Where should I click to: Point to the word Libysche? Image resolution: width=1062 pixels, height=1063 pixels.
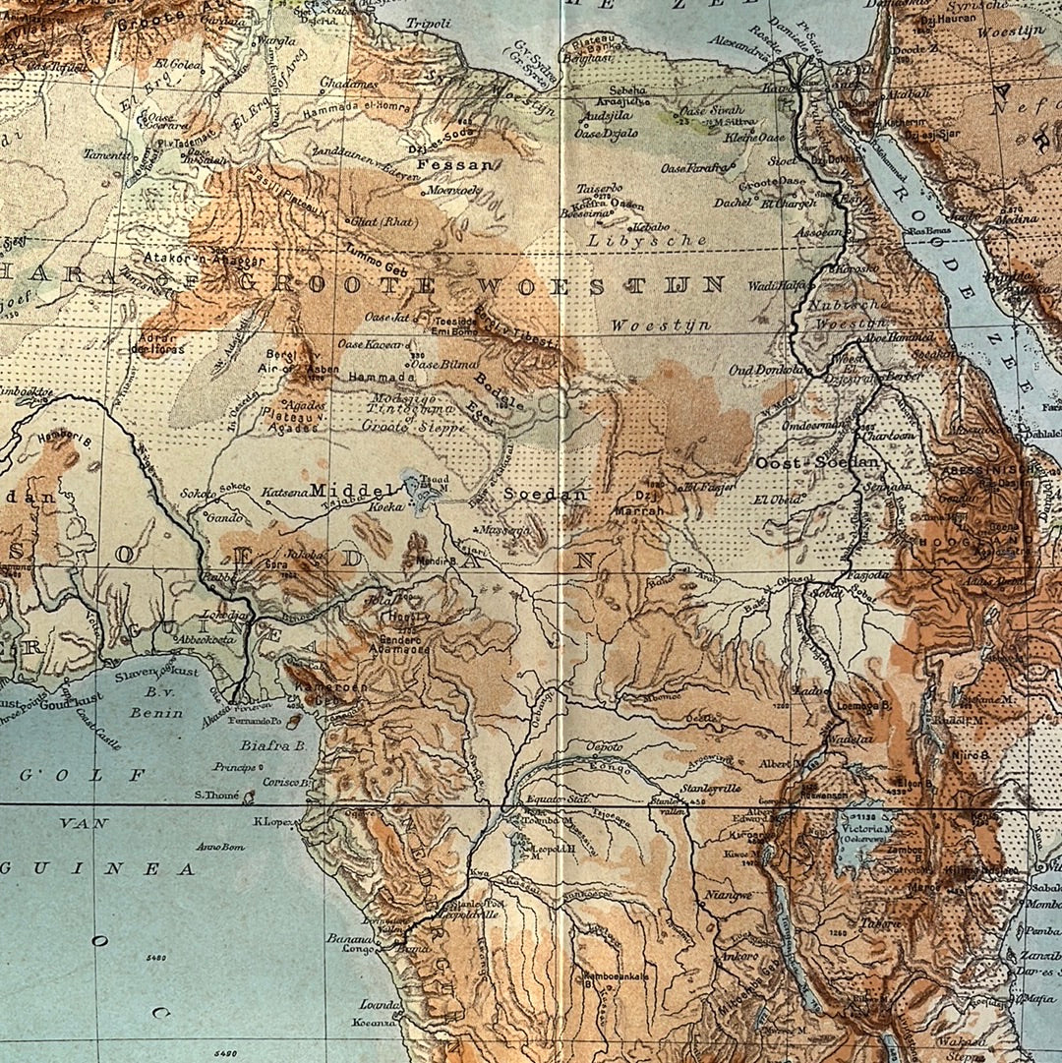(647, 240)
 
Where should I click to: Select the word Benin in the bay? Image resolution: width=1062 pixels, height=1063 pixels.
(156, 712)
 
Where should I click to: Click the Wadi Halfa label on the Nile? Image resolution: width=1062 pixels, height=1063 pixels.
(776, 285)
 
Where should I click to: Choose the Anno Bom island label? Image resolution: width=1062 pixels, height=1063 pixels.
(219, 847)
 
